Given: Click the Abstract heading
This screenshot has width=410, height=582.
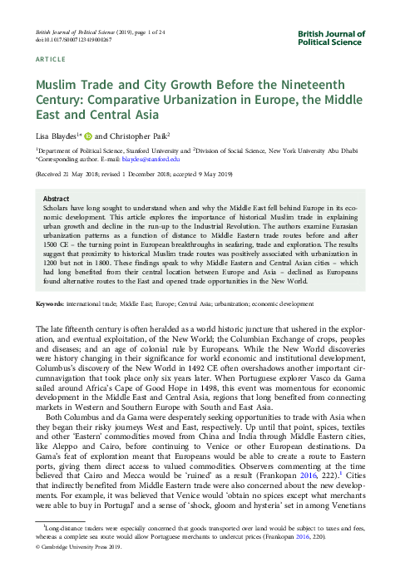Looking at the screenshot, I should point(56,200).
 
